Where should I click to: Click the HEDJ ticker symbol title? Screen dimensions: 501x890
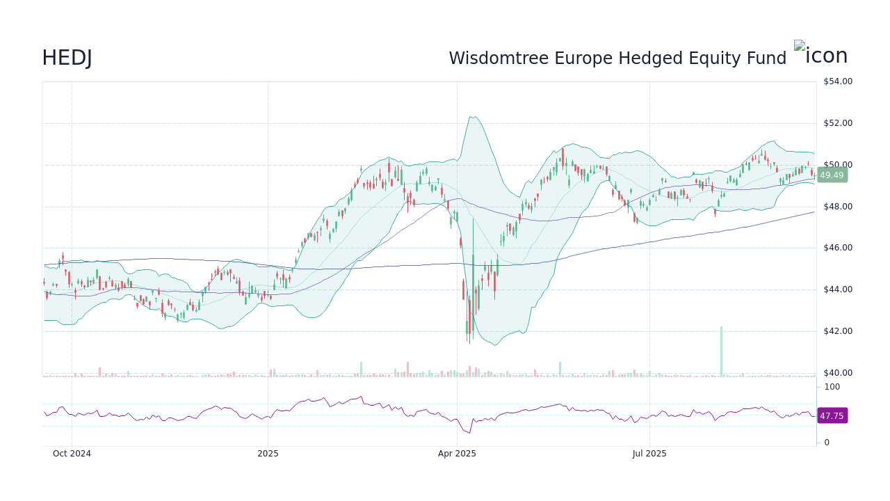click(67, 58)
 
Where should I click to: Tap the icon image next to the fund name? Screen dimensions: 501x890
click(820, 54)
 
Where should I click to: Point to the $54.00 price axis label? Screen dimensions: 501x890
click(837, 81)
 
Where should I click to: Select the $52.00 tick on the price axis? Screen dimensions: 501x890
click(837, 123)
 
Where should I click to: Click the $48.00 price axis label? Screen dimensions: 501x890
click(837, 207)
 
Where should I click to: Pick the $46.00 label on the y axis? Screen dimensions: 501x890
click(837, 248)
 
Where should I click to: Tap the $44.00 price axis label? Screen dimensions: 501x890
click(837, 289)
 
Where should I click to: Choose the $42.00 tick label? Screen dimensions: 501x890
click(837, 331)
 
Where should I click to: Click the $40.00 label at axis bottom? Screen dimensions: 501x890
click(837, 373)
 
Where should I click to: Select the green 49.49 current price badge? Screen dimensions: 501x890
click(831, 175)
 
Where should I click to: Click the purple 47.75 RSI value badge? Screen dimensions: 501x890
click(831, 416)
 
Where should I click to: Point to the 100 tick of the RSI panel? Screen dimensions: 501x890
click(832, 387)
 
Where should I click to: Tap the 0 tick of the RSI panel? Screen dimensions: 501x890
click(827, 443)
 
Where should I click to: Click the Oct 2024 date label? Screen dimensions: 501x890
click(72, 454)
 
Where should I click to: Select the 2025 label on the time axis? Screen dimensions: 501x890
click(268, 454)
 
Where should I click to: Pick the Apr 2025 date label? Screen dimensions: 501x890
click(457, 454)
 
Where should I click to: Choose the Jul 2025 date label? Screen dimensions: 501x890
click(649, 454)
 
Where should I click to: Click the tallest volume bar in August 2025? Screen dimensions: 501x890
click(721, 351)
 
